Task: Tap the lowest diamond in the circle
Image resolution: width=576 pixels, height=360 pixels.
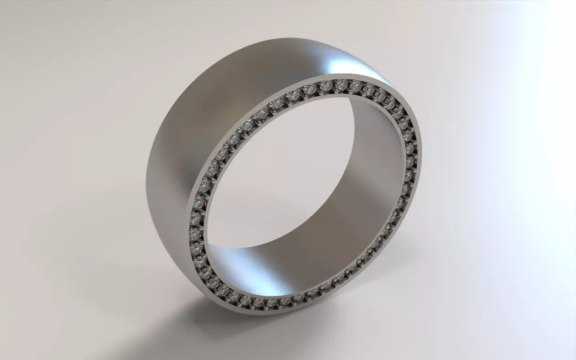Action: [x=258, y=303]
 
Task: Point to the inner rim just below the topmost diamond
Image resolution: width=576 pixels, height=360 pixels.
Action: [x=340, y=94]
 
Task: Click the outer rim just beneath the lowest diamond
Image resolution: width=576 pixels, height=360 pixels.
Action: [x=258, y=310]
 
